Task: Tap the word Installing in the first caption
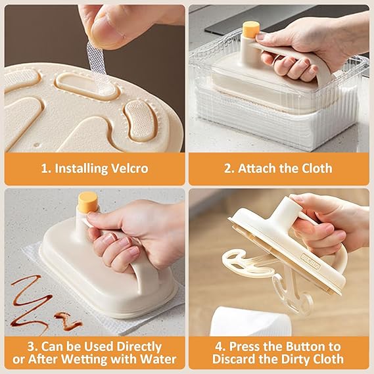click(x=76, y=168)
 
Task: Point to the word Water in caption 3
click(x=156, y=359)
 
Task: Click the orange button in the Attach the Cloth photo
click(x=250, y=30)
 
